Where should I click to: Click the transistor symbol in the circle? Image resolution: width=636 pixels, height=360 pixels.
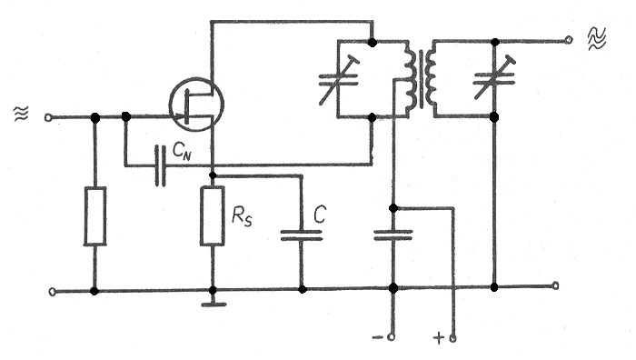[196, 105]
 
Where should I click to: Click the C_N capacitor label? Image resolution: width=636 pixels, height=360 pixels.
[182, 151]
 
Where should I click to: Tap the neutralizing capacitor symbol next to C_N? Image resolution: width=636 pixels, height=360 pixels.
[161, 165]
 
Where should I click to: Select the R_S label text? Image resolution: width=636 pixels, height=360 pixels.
[242, 215]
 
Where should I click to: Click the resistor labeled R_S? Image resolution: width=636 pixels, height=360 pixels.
[212, 215]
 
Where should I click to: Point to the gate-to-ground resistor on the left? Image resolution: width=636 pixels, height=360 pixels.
[94, 216]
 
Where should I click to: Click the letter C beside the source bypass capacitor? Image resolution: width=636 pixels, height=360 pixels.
[320, 215]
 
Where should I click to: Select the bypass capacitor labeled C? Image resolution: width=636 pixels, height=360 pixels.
[302, 235]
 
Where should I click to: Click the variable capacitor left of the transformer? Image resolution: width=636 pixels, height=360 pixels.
[338, 80]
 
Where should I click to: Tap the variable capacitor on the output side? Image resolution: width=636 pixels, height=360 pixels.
[494, 78]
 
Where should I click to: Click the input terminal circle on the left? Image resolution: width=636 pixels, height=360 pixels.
[48, 117]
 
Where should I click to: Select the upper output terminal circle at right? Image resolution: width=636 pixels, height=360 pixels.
[569, 40]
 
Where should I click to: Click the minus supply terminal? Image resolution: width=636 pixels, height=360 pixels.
[391, 337]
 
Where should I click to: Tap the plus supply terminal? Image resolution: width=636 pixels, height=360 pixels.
[452, 337]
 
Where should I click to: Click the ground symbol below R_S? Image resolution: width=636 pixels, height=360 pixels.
[214, 305]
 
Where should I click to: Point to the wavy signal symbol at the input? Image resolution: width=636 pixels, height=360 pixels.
[21, 114]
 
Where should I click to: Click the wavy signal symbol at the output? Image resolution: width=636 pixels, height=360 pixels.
[597, 38]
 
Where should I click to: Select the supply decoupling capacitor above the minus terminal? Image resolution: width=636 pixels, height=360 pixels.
[393, 235]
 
